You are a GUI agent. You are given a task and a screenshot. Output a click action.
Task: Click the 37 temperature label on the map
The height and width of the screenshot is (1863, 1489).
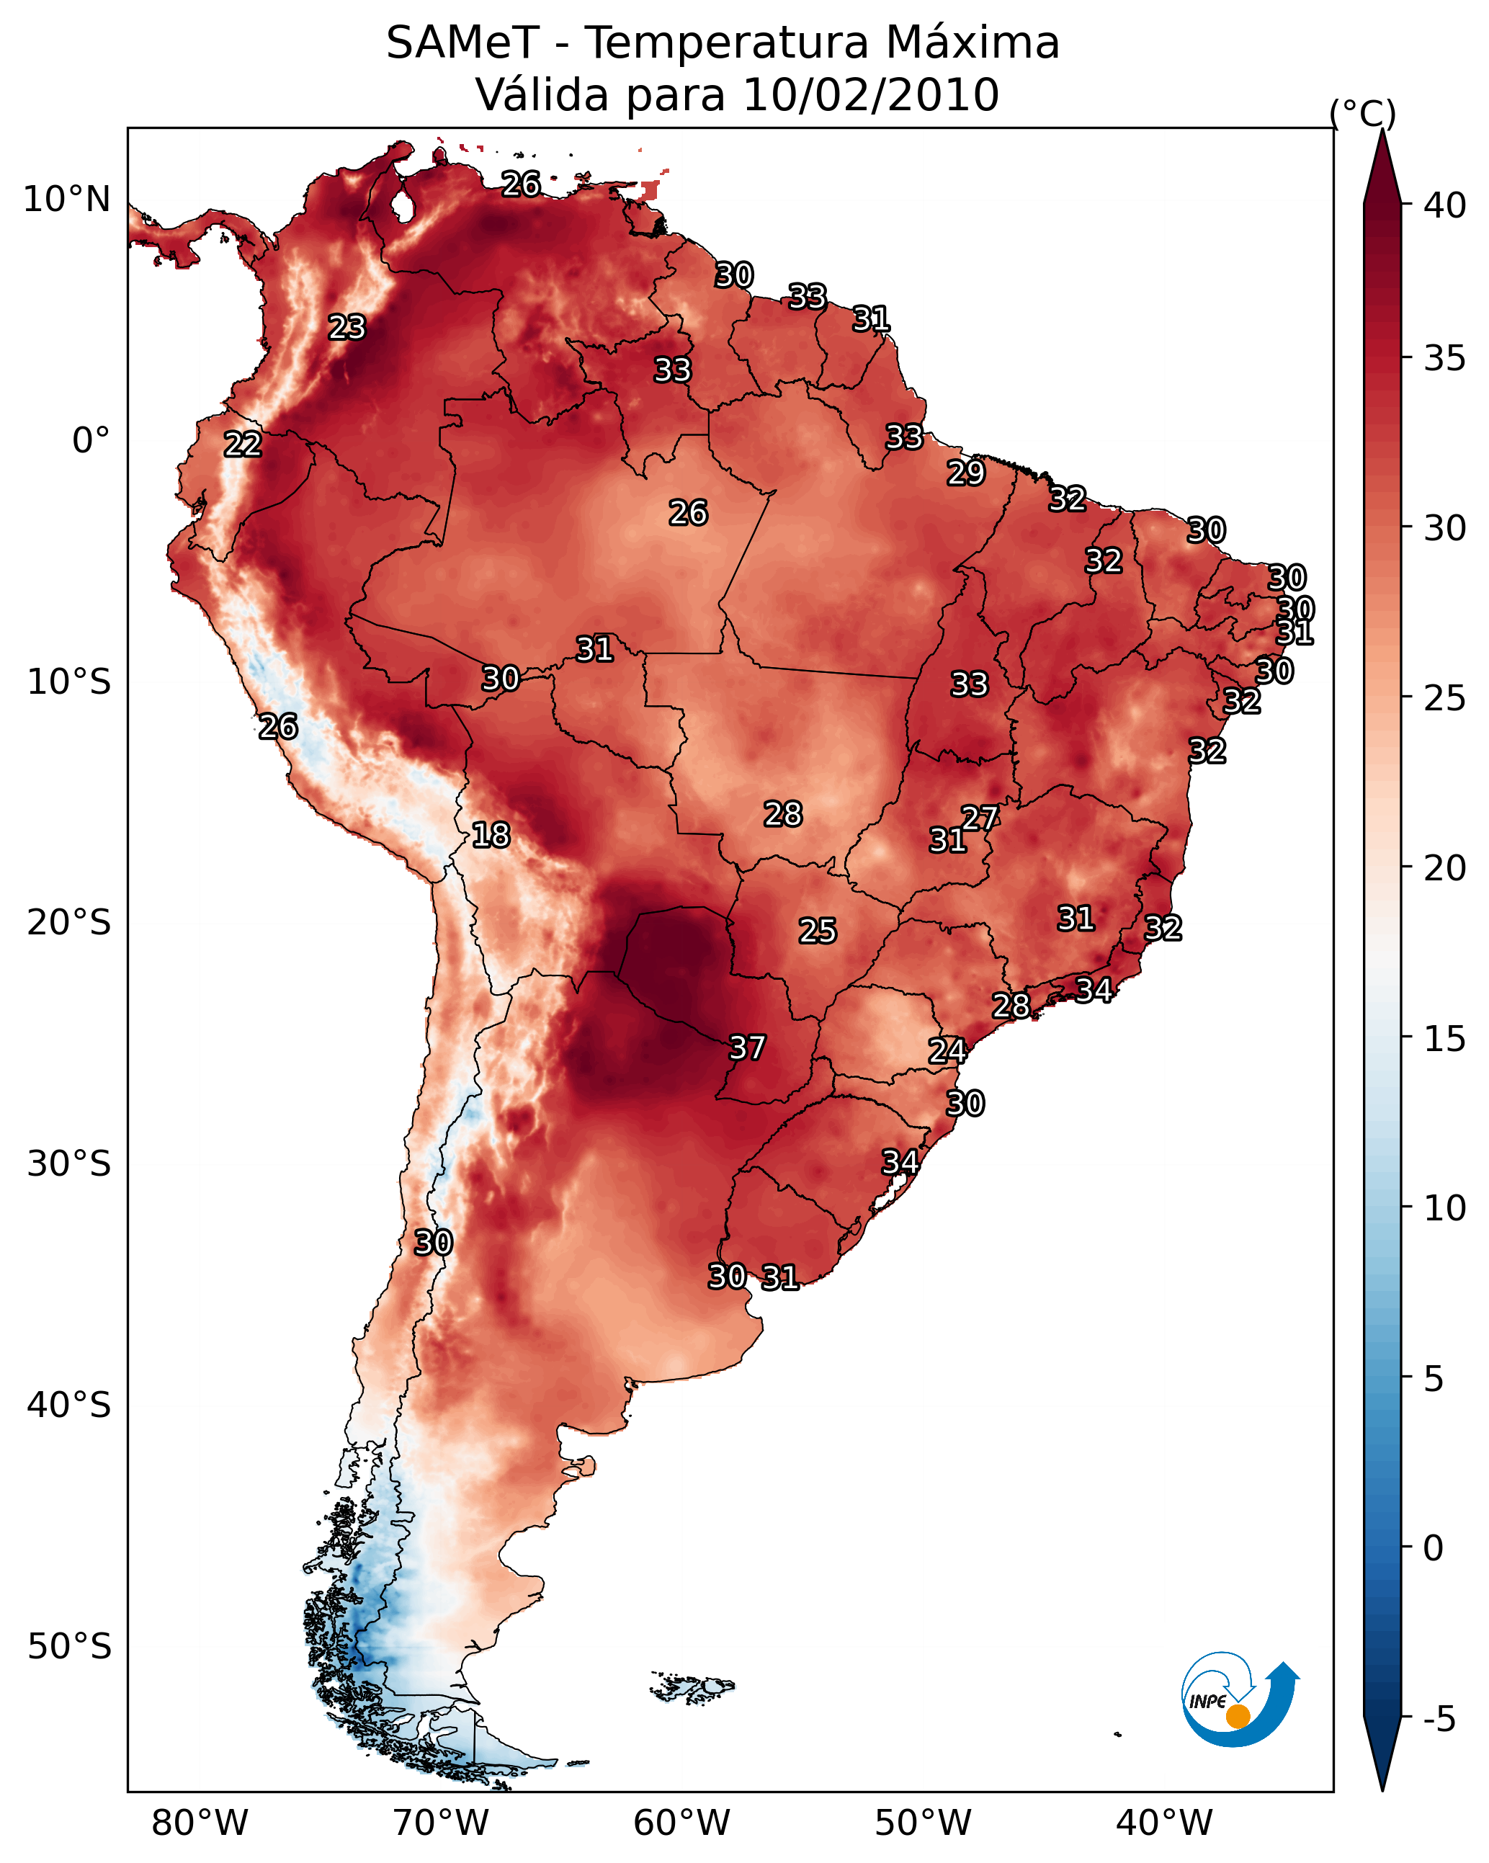(746, 1047)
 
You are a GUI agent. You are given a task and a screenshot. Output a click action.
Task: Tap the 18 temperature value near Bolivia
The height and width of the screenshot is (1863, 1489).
(491, 835)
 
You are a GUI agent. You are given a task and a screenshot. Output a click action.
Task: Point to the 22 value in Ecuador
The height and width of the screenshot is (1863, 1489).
(243, 444)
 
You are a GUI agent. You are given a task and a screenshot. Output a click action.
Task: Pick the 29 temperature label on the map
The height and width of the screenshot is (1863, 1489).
(965, 473)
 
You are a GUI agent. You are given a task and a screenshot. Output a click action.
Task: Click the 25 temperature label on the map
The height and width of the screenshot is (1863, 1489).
(817, 931)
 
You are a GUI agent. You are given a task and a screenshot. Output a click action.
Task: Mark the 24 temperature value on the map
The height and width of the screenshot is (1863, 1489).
(947, 1051)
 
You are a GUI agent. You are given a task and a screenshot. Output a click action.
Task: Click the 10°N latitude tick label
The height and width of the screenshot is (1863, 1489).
(66, 200)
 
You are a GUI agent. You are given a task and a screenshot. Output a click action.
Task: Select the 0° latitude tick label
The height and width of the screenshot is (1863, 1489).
(91, 441)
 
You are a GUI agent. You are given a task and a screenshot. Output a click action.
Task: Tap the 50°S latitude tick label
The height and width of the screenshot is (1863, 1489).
(69, 1647)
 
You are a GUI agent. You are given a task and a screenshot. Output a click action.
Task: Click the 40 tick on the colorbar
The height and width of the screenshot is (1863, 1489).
(1445, 205)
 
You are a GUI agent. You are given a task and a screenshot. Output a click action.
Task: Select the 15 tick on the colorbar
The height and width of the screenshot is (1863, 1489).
(1445, 1039)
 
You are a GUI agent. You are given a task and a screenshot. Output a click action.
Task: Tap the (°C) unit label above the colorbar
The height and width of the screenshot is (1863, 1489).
(1363, 113)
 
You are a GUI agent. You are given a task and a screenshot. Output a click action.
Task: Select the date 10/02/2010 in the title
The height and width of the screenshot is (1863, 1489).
(870, 95)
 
